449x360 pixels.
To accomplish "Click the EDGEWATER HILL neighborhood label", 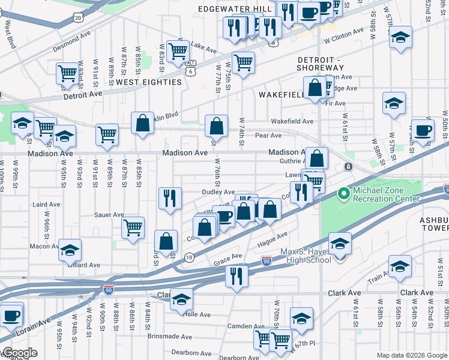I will (238, 8).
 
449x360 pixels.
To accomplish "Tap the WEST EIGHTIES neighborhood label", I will (149, 82).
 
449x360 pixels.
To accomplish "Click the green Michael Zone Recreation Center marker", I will (343, 194).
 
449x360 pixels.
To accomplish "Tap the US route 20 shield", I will (79, 17).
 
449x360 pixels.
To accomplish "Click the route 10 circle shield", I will (190, 257).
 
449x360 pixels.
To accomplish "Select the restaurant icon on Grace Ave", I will (237, 275).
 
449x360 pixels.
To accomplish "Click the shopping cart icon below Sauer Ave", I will (133, 227).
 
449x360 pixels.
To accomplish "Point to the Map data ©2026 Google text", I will (411, 355).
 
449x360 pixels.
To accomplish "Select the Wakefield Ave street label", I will (292, 121).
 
